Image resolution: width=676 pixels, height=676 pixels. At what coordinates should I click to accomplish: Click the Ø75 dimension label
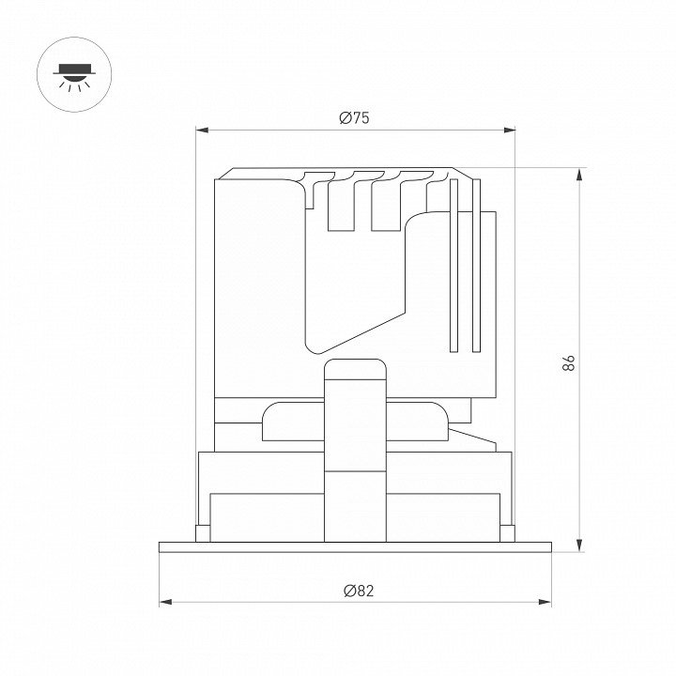(x=354, y=117)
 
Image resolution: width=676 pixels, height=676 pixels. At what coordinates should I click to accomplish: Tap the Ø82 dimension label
(x=359, y=591)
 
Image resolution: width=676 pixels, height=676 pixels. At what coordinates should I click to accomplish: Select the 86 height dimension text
(x=569, y=363)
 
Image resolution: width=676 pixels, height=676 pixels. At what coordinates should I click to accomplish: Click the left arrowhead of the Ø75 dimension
(x=202, y=130)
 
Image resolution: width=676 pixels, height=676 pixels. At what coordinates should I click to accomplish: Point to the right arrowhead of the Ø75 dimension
(x=510, y=130)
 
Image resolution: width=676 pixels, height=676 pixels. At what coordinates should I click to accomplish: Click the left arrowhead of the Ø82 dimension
(x=165, y=602)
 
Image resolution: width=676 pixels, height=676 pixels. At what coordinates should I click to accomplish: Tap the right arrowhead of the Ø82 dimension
(x=545, y=602)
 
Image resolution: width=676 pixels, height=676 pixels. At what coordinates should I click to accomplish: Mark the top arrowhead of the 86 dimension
(x=580, y=175)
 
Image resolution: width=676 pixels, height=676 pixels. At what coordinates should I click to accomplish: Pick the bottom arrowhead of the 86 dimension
(x=580, y=545)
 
